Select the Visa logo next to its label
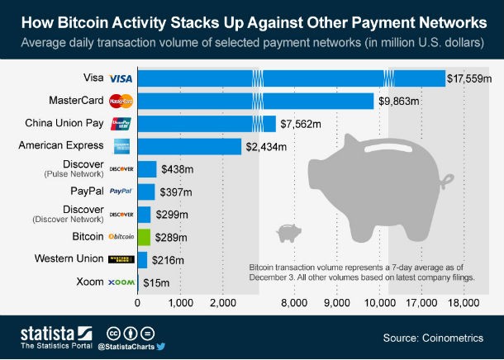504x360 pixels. click(121, 79)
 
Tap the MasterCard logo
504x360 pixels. click(121, 102)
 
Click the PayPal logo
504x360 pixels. click(121, 192)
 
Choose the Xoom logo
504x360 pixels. click(121, 282)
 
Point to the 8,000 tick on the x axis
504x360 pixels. click(293, 304)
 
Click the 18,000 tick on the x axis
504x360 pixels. click(464, 304)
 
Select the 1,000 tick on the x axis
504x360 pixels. click(180, 304)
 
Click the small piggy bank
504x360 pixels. click(288, 232)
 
